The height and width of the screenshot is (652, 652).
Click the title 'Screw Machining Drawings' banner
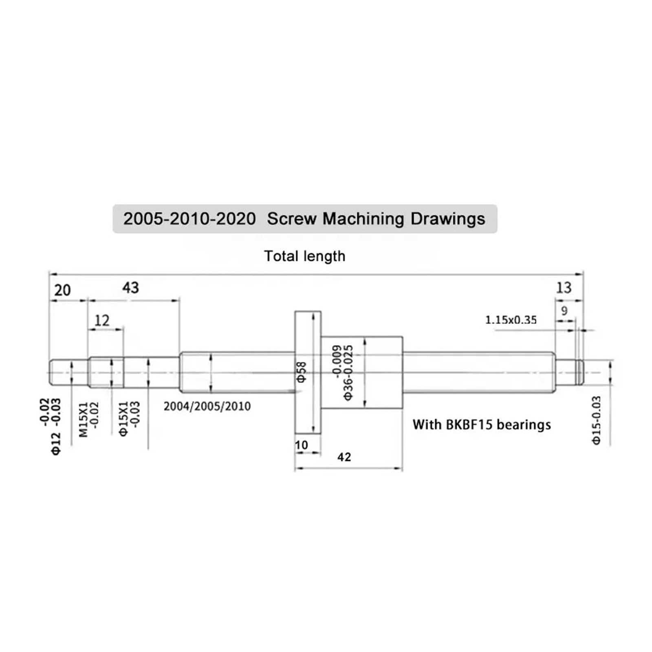coord(304,219)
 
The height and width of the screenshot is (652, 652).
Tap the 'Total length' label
coord(304,256)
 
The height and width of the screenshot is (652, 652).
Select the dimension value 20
coord(62,291)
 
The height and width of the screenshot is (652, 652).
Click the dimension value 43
coord(130,288)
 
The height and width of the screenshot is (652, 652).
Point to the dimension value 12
coord(101,321)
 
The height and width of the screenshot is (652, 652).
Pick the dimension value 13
coord(564,288)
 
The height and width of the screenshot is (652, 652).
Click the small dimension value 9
coord(564,311)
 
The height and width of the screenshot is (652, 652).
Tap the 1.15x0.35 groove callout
coord(511,320)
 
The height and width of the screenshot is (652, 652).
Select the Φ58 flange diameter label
coord(302,372)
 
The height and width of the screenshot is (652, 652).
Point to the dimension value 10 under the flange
coord(301,445)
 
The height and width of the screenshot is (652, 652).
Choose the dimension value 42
coord(344,457)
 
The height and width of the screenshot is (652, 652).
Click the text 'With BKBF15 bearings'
coord(481,425)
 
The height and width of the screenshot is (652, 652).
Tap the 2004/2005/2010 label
coord(207,406)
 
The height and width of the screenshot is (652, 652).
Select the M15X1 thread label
coord(84,420)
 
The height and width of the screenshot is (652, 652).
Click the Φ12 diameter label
coord(56,443)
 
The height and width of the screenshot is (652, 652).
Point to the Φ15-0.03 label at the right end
coord(596,420)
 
